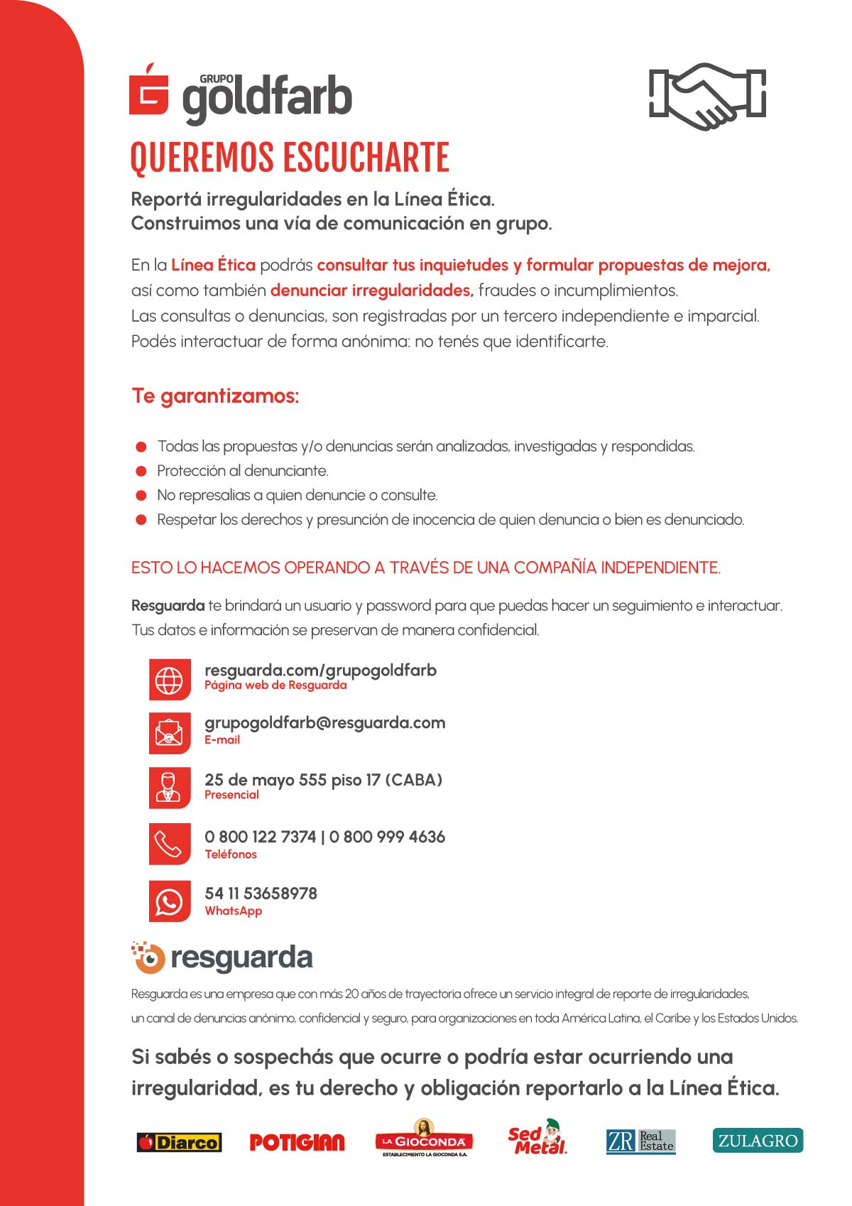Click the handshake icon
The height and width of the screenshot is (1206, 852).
(x=707, y=96)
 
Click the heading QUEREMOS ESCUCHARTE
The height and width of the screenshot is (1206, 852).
(x=290, y=158)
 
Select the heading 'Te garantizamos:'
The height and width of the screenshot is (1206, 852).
(x=215, y=396)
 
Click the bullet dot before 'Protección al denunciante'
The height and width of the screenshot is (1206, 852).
(x=141, y=471)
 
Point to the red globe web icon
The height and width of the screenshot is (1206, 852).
(x=169, y=680)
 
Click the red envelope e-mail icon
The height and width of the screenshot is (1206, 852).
(x=169, y=732)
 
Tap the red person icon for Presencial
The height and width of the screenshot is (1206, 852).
(x=169, y=787)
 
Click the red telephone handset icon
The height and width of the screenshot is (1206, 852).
(x=169, y=844)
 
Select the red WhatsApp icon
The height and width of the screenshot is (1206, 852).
(x=169, y=901)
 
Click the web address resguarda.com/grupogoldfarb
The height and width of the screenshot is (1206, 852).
(x=320, y=670)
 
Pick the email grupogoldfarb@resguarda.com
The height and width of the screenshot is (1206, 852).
(x=324, y=722)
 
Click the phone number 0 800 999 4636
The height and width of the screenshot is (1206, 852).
(x=387, y=837)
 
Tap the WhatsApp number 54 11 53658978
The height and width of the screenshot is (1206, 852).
(x=261, y=893)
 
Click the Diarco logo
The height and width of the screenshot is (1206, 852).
(x=179, y=1142)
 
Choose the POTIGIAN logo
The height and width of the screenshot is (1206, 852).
(x=297, y=1142)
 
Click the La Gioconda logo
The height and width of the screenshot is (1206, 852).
(x=424, y=1139)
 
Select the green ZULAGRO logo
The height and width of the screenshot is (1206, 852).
(x=758, y=1141)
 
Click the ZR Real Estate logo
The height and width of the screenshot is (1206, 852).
(x=640, y=1141)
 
